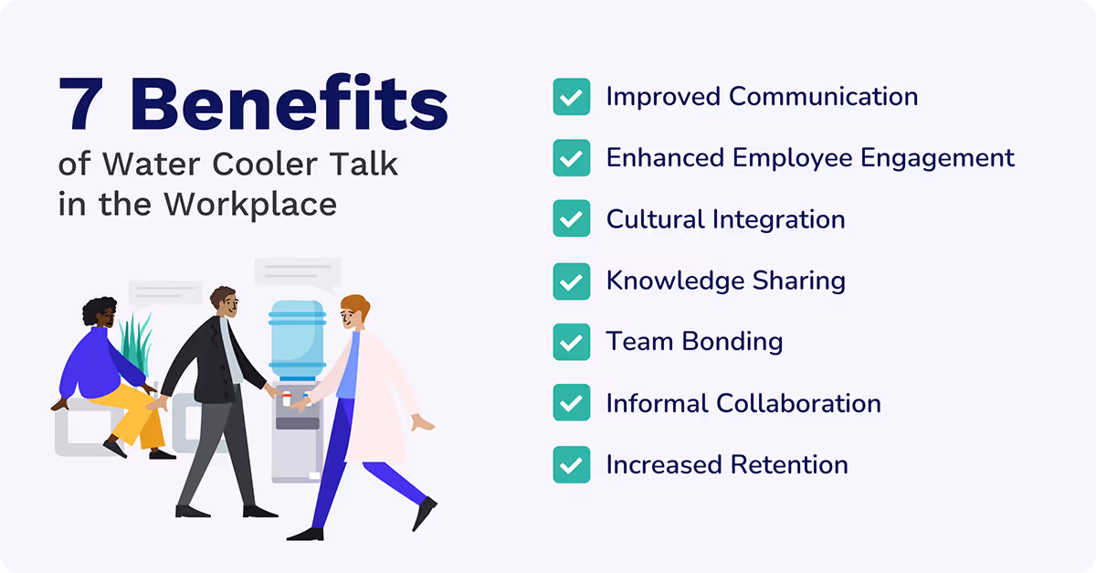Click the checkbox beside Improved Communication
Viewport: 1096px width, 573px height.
pyautogui.click(x=571, y=97)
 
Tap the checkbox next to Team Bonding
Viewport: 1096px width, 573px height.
pyautogui.click(x=571, y=342)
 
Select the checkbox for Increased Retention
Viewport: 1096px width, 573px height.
pyautogui.click(x=571, y=464)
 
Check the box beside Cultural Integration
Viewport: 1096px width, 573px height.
pyautogui.click(x=571, y=219)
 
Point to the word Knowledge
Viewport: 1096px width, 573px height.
pyautogui.click(x=669, y=281)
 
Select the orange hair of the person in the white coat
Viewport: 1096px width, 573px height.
pyautogui.click(x=354, y=305)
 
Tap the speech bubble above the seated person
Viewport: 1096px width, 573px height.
pyautogui.click(x=165, y=292)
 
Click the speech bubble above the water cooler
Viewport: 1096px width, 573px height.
pyautogui.click(x=297, y=271)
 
